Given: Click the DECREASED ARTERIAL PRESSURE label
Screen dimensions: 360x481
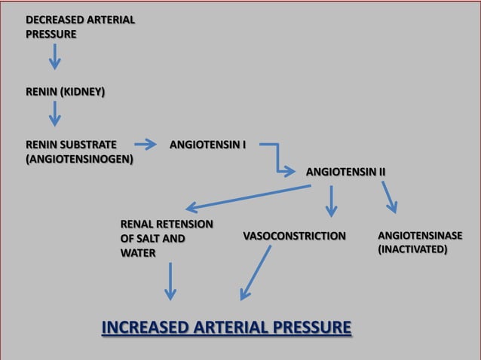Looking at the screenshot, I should point(80,26).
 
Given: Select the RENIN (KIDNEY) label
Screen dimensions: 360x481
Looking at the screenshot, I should point(65,93).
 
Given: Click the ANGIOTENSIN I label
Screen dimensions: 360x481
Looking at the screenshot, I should point(208,144).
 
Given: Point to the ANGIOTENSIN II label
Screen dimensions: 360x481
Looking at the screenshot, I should point(345,172).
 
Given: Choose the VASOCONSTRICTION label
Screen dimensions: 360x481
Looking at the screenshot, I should point(294,236).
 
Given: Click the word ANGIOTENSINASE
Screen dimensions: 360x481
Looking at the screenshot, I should point(419,236).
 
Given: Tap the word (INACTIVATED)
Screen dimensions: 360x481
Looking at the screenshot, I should point(412,249).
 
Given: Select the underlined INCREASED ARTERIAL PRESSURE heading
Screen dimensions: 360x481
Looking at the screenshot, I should point(226,328).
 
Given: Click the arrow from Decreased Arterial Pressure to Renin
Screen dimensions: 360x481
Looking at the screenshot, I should point(55,56).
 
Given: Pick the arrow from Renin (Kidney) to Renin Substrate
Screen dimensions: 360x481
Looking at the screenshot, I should point(55,114).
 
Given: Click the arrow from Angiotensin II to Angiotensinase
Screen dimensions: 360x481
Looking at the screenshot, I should point(389,197).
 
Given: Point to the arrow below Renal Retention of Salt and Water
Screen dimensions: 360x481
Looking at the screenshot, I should point(171,281).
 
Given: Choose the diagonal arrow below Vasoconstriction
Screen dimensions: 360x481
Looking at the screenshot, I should point(256,273).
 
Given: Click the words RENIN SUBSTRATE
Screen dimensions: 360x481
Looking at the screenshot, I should point(71,144).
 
